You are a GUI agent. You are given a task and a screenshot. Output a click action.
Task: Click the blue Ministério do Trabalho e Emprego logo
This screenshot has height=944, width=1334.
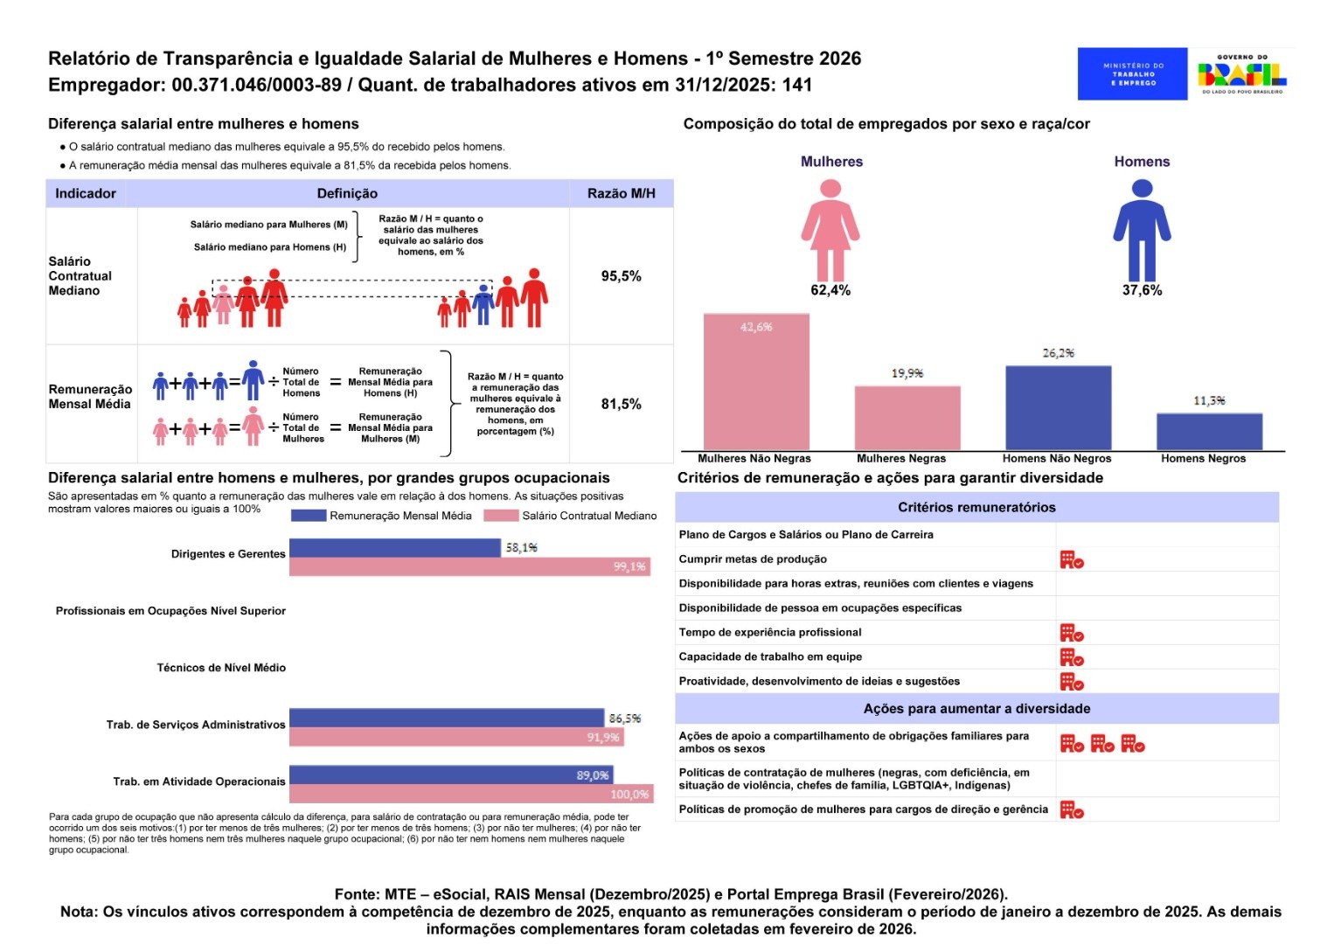pyautogui.click(x=1132, y=73)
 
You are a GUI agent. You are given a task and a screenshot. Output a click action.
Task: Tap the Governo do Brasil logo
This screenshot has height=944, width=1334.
pyautogui.click(x=1242, y=73)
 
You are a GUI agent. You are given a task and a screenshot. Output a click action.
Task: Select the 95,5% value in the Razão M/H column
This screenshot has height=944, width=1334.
pyautogui.click(x=622, y=276)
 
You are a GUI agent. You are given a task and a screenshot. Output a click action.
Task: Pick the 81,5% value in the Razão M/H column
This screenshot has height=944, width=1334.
pyautogui.click(x=622, y=405)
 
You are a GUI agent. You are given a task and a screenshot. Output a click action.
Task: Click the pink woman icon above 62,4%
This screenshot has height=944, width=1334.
pyautogui.click(x=830, y=231)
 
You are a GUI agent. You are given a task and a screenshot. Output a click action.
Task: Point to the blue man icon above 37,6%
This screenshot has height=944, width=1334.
pyautogui.click(x=1143, y=231)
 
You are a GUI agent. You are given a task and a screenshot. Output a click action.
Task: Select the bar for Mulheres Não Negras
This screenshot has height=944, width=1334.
pyautogui.click(x=756, y=382)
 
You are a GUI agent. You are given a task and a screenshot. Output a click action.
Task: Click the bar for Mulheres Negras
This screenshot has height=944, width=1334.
pyautogui.click(x=907, y=418)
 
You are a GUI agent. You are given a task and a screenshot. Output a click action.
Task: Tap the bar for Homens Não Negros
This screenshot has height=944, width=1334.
pyautogui.click(x=1059, y=408)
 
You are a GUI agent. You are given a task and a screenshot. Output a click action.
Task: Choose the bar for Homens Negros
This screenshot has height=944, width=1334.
pyautogui.click(x=1210, y=432)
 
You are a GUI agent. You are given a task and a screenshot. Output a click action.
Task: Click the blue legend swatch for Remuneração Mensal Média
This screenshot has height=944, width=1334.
pyautogui.click(x=309, y=516)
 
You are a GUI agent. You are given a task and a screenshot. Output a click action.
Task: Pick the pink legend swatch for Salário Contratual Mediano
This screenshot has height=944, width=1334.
pyautogui.click(x=501, y=516)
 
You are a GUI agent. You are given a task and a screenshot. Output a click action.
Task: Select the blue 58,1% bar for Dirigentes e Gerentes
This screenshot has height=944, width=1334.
pyautogui.click(x=395, y=548)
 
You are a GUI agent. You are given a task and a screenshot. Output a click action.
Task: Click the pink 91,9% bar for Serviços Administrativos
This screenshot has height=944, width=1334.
pyautogui.click(x=457, y=738)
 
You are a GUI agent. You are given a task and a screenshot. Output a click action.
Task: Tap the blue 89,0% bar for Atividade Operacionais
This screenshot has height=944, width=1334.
pyautogui.click(x=451, y=774)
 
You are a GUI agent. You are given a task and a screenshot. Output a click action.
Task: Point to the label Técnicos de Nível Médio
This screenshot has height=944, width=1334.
pyautogui.click(x=221, y=669)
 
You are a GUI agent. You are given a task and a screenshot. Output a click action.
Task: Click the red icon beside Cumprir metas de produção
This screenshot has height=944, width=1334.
pyautogui.click(x=1072, y=560)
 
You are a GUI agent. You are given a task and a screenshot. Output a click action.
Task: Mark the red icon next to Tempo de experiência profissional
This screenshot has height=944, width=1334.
pyautogui.click(x=1072, y=633)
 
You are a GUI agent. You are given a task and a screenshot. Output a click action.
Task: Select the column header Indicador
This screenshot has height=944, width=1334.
pyautogui.click(x=86, y=193)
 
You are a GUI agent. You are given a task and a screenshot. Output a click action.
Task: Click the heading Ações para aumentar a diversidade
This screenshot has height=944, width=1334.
pyautogui.click(x=976, y=709)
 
